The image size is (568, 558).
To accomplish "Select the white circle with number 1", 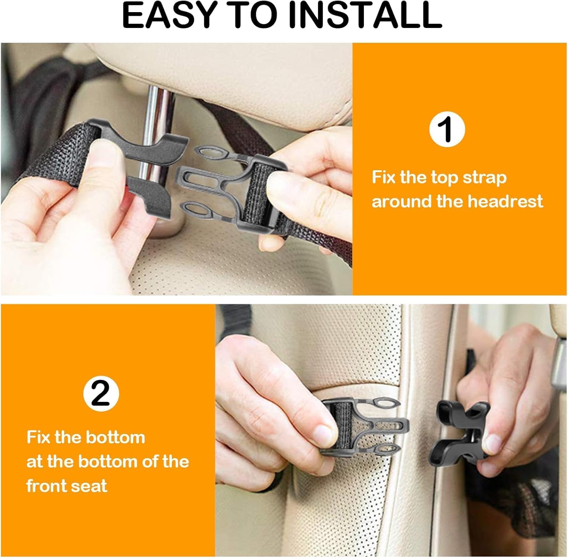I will [x=447, y=129].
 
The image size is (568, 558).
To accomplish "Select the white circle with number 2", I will [x=101, y=394].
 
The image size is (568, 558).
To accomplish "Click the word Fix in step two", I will [x=38, y=438].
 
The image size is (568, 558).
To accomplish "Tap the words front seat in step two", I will [x=67, y=485].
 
